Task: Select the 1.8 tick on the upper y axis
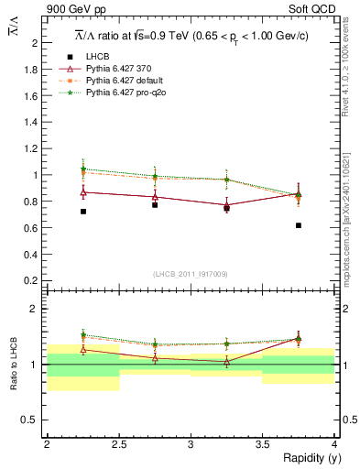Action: (30, 69)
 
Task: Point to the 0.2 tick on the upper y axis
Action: (30, 280)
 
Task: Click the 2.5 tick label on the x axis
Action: (118, 444)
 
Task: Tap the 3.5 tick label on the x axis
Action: (262, 444)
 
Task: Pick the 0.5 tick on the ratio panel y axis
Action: (30, 420)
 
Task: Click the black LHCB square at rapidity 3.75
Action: (299, 225)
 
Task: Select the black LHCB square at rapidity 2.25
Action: (83, 212)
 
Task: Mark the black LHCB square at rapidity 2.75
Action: (155, 205)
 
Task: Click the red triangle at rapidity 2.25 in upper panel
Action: (83, 192)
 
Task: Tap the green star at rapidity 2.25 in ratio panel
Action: (83, 335)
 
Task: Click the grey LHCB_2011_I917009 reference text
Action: (191, 274)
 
